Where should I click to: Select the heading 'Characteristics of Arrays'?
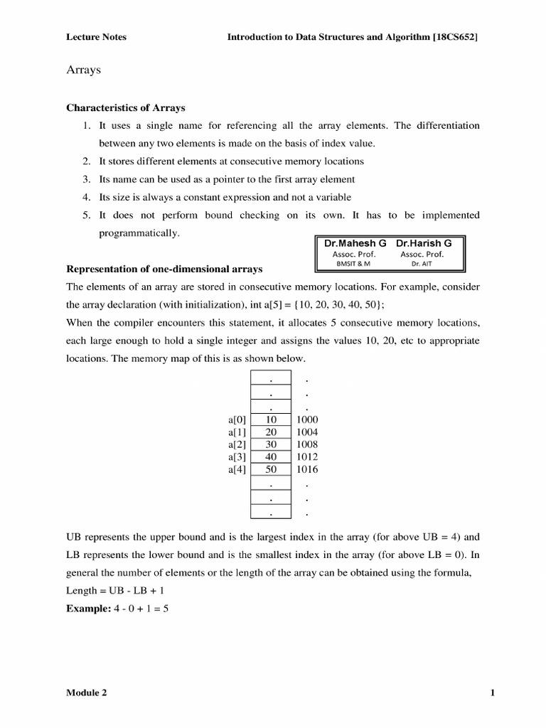pos(126,108)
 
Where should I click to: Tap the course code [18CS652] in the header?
pos(455,37)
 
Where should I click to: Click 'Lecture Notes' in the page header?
pos(96,37)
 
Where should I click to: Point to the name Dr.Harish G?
pos(424,242)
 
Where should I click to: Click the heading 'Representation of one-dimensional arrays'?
pos(164,269)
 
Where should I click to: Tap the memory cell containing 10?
pos(271,420)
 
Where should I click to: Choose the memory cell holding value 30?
pos(271,445)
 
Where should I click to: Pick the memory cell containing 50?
pos(271,470)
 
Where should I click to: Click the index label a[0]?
pos(237,420)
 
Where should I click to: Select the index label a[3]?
pos(237,457)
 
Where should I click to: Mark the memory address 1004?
pos(307,432)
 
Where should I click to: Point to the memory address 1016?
pos(307,470)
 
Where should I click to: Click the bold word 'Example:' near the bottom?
pos(87,609)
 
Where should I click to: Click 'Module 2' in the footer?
pos(87,693)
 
